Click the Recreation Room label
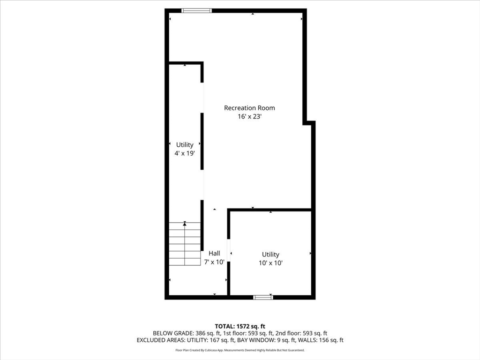tap(249, 108)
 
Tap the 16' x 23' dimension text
tap(249, 117)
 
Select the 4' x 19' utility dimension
tap(185, 153)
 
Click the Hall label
tap(214, 253)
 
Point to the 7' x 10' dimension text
tap(214, 262)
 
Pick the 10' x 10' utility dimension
tap(270, 263)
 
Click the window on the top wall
tap(197, 10)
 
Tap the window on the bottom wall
tap(263, 297)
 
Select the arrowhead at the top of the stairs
tap(185, 224)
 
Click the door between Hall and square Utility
tap(229, 250)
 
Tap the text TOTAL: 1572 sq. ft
tap(240, 326)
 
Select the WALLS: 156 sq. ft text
tap(323, 340)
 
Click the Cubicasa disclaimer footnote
tap(240, 350)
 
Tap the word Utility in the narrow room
tap(185, 145)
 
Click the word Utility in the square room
tap(270, 255)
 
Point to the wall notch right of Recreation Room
tap(309, 123)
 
